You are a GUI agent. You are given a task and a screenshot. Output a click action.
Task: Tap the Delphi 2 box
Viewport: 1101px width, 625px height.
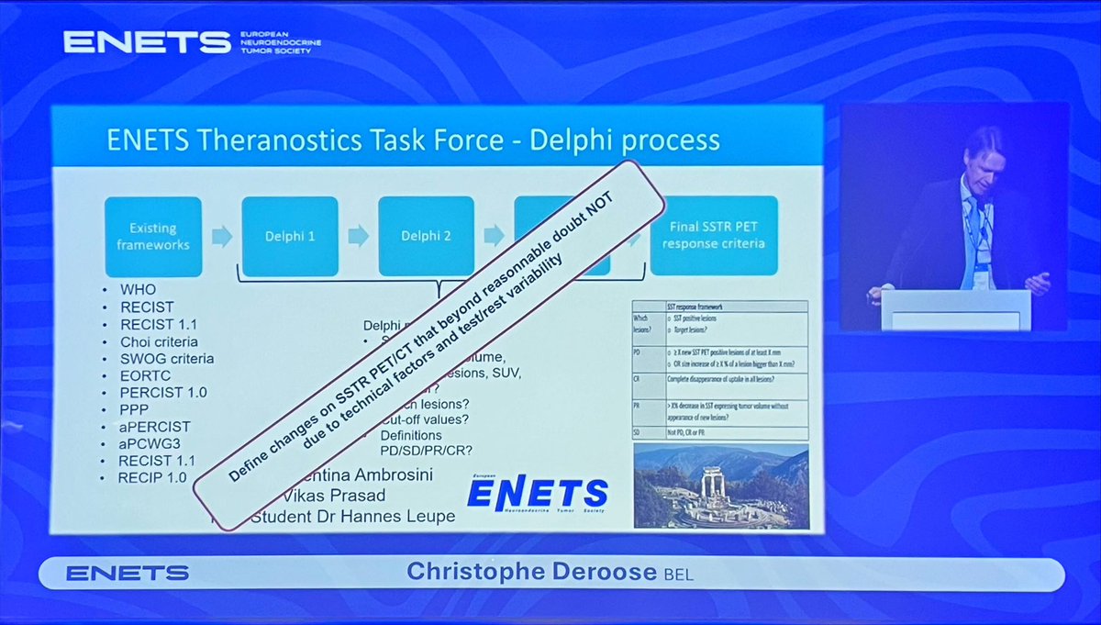[x=426, y=236]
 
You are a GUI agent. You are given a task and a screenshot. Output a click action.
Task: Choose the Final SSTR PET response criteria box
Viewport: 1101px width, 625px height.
[x=714, y=236]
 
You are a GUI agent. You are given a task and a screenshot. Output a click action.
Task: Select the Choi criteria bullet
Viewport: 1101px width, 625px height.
[x=159, y=340]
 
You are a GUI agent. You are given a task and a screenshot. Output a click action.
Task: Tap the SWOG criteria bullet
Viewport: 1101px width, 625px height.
[x=166, y=358]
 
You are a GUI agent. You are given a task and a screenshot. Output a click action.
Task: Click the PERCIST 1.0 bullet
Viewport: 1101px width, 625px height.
[x=162, y=392]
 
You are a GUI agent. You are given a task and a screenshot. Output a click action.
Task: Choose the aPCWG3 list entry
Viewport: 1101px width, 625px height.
[x=150, y=443]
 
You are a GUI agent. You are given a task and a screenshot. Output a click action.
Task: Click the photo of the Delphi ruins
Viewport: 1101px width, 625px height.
[x=721, y=486]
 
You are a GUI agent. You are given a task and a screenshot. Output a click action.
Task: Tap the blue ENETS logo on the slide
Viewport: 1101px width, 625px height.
[x=536, y=494]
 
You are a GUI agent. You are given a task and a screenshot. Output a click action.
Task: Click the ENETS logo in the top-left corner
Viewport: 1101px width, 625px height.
[x=147, y=42]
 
